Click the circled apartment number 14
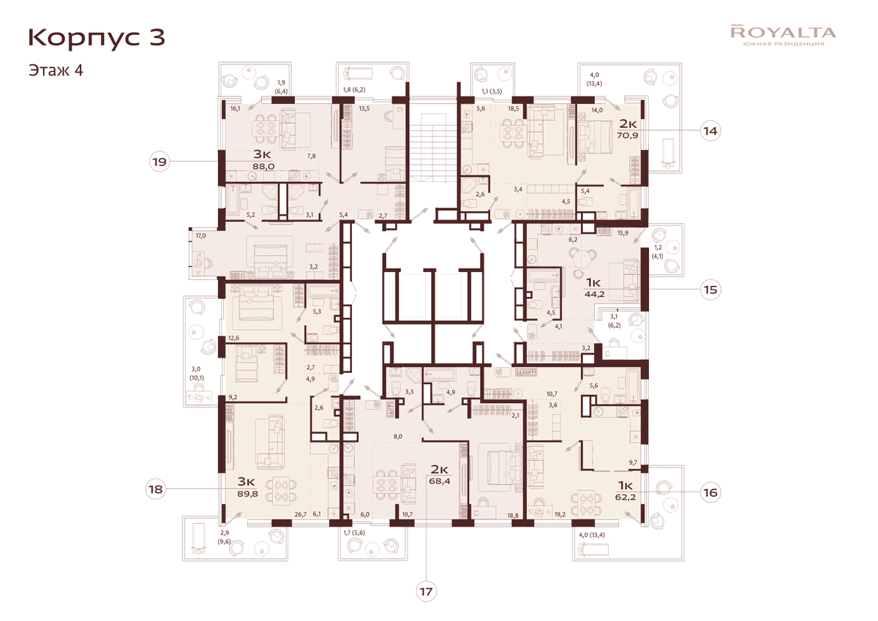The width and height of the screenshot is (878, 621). point(710,131)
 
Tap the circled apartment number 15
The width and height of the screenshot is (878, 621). point(710,290)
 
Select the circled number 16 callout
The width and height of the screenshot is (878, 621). point(710,492)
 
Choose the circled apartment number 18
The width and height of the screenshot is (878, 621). point(156,489)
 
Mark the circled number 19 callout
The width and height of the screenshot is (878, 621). point(160,162)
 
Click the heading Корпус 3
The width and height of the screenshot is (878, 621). point(97,38)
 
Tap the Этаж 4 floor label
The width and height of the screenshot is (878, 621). point(56,70)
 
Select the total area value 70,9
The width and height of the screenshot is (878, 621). point(628,135)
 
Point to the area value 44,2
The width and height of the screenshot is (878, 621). point(595,294)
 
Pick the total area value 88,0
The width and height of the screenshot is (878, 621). point(263,166)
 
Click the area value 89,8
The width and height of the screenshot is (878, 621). point(248,494)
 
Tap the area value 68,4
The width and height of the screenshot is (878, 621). point(440,481)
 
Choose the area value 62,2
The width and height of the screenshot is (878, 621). point(625,498)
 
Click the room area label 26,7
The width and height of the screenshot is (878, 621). point(301,514)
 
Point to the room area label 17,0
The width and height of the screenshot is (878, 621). point(200,236)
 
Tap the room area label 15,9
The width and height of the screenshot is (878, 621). point(623,233)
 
